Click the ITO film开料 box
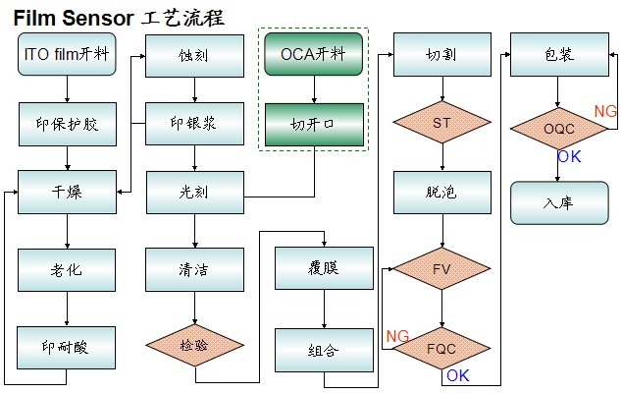click(x=67, y=54)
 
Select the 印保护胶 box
click(x=67, y=124)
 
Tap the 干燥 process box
click(x=67, y=192)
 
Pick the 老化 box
click(x=67, y=268)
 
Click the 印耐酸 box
click(x=67, y=347)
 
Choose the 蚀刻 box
click(x=194, y=55)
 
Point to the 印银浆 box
click(x=194, y=124)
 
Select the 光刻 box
click(x=194, y=192)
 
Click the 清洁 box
click(x=194, y=268)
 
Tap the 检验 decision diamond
click(x=194, y=345)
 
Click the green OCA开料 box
click(x=314, y=53)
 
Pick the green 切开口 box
click(x=314, y=124)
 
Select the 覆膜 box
click(x=324, y=268)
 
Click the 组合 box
click(x=324, y=349)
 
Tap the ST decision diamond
click(x=441, y=124)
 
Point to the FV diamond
click(x=441, y=268)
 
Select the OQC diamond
click(x=556, y=128)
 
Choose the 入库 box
click(x=556, y=203)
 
